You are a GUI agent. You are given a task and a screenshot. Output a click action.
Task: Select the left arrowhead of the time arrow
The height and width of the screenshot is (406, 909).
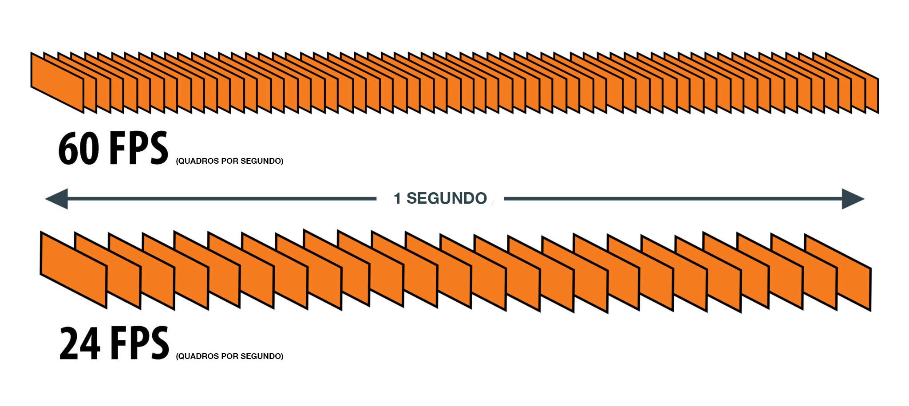[x=57, y=198]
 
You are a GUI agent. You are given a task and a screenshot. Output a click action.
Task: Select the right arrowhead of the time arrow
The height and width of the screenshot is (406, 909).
[x=852, y=198]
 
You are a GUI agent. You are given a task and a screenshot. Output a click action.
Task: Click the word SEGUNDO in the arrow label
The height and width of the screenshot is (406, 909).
[x=447, y=198]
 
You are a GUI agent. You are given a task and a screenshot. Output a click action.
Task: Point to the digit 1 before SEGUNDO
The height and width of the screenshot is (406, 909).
[x=397, y=198]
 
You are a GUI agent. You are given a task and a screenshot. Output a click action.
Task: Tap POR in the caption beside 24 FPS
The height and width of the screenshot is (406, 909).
[x=229, y=356]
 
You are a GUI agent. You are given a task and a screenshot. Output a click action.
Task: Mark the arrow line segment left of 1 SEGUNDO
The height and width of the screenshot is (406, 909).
[x=222, y=198]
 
